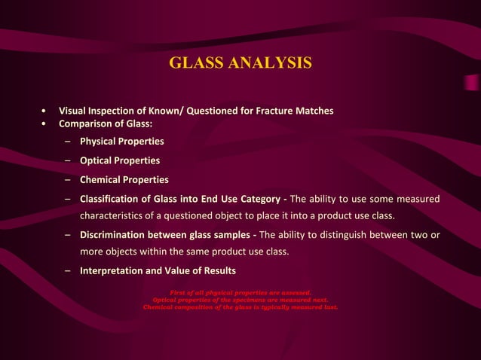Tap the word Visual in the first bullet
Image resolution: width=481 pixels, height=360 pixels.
(75, 111)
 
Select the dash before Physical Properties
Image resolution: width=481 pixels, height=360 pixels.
(68, 141)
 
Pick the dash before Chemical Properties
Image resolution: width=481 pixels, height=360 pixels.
(68, 179)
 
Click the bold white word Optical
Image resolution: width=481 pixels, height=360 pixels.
(99, 160)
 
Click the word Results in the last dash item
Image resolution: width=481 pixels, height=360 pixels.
(217, 270)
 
